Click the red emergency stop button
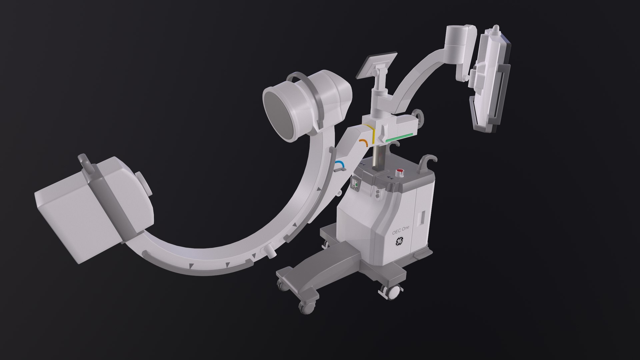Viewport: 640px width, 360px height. tap(399, 172)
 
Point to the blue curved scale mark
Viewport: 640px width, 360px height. tap(340, 164)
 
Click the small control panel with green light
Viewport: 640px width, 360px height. tap(356, 183)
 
